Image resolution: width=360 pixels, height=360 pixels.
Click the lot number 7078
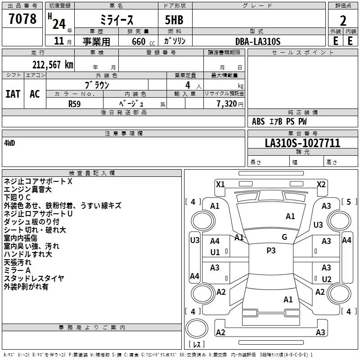click(22, 19)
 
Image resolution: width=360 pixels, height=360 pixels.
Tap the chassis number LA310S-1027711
click(302, 143)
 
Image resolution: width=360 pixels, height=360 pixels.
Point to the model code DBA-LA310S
click(257, 41)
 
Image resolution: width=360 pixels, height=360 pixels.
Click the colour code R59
click(74, 103)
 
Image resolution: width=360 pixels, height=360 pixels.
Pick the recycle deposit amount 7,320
click(225, 103)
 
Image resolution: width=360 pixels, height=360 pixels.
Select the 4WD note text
click(9, 143)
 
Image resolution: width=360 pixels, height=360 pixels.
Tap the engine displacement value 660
click(138, 41)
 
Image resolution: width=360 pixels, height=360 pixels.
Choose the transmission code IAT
click(13, 94)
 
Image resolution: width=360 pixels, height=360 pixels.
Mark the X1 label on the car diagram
click(220, 184)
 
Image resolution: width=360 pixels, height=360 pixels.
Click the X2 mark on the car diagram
click(321, 184)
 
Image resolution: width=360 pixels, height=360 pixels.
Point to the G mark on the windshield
click(284, 237)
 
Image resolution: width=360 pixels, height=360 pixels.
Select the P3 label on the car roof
click(271, 251)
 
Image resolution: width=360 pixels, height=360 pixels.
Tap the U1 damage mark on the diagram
click(215, 252)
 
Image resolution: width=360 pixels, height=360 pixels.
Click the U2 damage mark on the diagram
click(327, 279)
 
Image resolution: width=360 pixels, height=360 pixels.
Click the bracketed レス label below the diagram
click(197, 345)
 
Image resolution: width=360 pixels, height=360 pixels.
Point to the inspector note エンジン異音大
click(27, 189)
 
